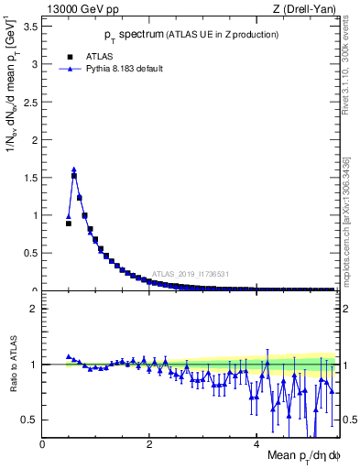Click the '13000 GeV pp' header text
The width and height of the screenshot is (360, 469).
point(74,8)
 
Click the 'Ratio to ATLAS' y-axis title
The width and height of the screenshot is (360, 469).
point(12,366)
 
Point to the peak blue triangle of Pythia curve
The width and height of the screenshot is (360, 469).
point(73,169)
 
